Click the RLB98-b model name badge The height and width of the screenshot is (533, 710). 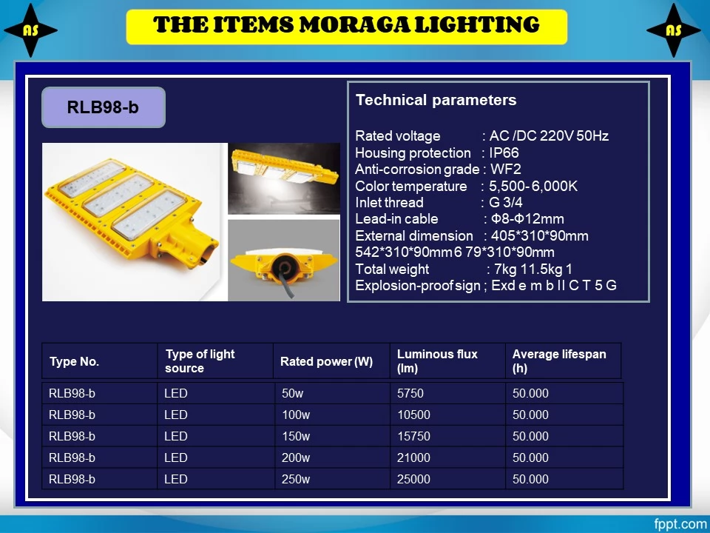point(104,107)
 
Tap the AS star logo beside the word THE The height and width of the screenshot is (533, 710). point(30,30)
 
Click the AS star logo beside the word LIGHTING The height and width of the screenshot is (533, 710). point(673,30)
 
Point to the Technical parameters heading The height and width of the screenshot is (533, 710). point(436,100)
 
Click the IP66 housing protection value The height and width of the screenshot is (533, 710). point(504,152)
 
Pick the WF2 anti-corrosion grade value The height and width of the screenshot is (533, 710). point(506,169)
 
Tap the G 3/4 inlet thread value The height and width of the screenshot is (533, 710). point(505,202)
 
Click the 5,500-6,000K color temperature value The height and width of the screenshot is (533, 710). point(533,186)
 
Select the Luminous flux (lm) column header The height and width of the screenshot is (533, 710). point(437,361)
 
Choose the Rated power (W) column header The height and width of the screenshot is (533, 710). point(326,361)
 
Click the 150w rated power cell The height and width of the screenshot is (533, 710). point(296,436)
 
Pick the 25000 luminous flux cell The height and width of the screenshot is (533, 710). point(413,479)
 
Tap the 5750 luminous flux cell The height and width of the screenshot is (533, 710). point(410,393)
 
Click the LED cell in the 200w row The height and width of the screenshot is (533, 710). point(176,457)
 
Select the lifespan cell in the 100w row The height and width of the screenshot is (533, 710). point(530,415)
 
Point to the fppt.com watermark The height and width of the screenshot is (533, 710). point(680,523)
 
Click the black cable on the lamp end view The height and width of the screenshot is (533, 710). point(287,279)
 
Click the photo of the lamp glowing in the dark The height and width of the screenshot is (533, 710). point(284,178)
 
